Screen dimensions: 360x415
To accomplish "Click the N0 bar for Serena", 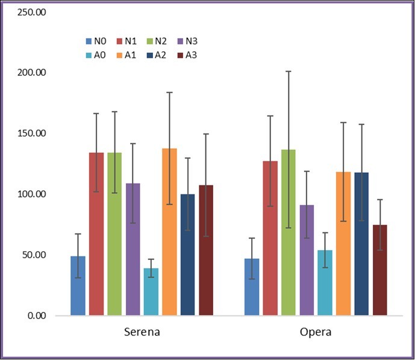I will (x=78, y=285).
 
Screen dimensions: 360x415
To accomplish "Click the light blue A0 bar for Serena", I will (x=151, y=291).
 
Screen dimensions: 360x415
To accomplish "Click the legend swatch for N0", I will (x=89, y=42).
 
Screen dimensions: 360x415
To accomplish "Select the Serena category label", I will (x=142, y=332).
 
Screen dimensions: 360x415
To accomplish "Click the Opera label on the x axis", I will (x=316, y=332).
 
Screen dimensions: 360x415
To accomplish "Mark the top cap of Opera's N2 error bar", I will (x=289, y=71).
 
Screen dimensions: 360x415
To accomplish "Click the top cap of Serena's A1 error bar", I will (x=169, y=92).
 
